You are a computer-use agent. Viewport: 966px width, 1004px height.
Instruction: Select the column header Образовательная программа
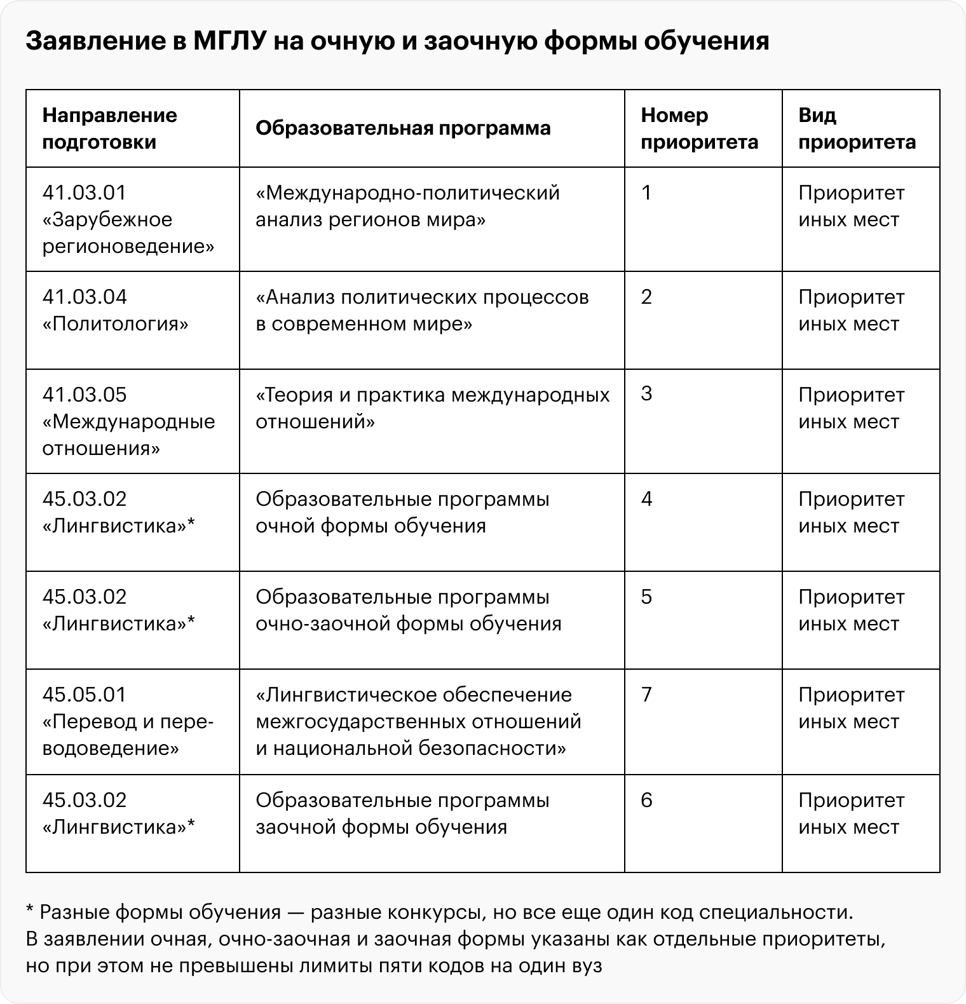tap(403, 128)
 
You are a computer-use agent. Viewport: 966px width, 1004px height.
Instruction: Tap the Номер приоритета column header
tap(699, 128)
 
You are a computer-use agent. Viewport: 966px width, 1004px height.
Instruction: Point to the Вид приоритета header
tap(857, 128)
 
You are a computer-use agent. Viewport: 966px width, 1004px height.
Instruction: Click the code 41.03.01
tap(85, 193)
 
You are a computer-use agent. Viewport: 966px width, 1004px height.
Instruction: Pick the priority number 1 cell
tap(646, 193)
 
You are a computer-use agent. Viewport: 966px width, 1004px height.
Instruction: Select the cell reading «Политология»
tap(116, 324)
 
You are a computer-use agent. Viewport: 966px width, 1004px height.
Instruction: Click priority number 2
tap(646, 297)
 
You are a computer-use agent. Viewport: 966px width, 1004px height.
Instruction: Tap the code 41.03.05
tap(85, 395)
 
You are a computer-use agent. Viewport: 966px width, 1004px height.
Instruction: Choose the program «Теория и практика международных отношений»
tap(432, 408)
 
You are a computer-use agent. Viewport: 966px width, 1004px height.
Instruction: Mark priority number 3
tap(646, 395)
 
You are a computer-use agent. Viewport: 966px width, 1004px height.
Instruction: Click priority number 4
tap(646, 499)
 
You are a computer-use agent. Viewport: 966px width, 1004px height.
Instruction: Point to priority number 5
tap(646, 597)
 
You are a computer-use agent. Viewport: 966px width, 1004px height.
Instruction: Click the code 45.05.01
tap(85, 695)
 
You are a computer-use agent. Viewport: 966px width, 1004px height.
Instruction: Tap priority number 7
tap(646, 695)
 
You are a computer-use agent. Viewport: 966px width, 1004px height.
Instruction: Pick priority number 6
tap(646, 800)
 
